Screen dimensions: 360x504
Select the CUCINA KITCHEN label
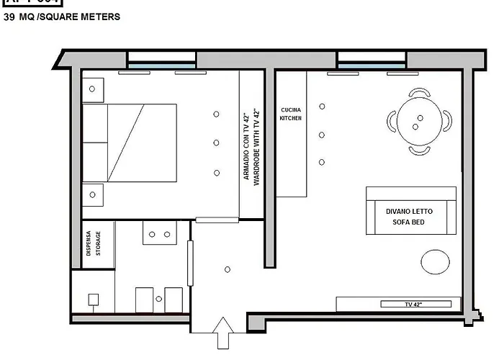(291, 114)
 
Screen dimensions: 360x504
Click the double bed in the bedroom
(130, 143)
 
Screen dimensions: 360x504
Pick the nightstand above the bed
(93, 89)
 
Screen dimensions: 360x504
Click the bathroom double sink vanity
(161, 233)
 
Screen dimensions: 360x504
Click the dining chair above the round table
(419, 93)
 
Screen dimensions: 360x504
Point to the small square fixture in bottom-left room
(93, 299)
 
